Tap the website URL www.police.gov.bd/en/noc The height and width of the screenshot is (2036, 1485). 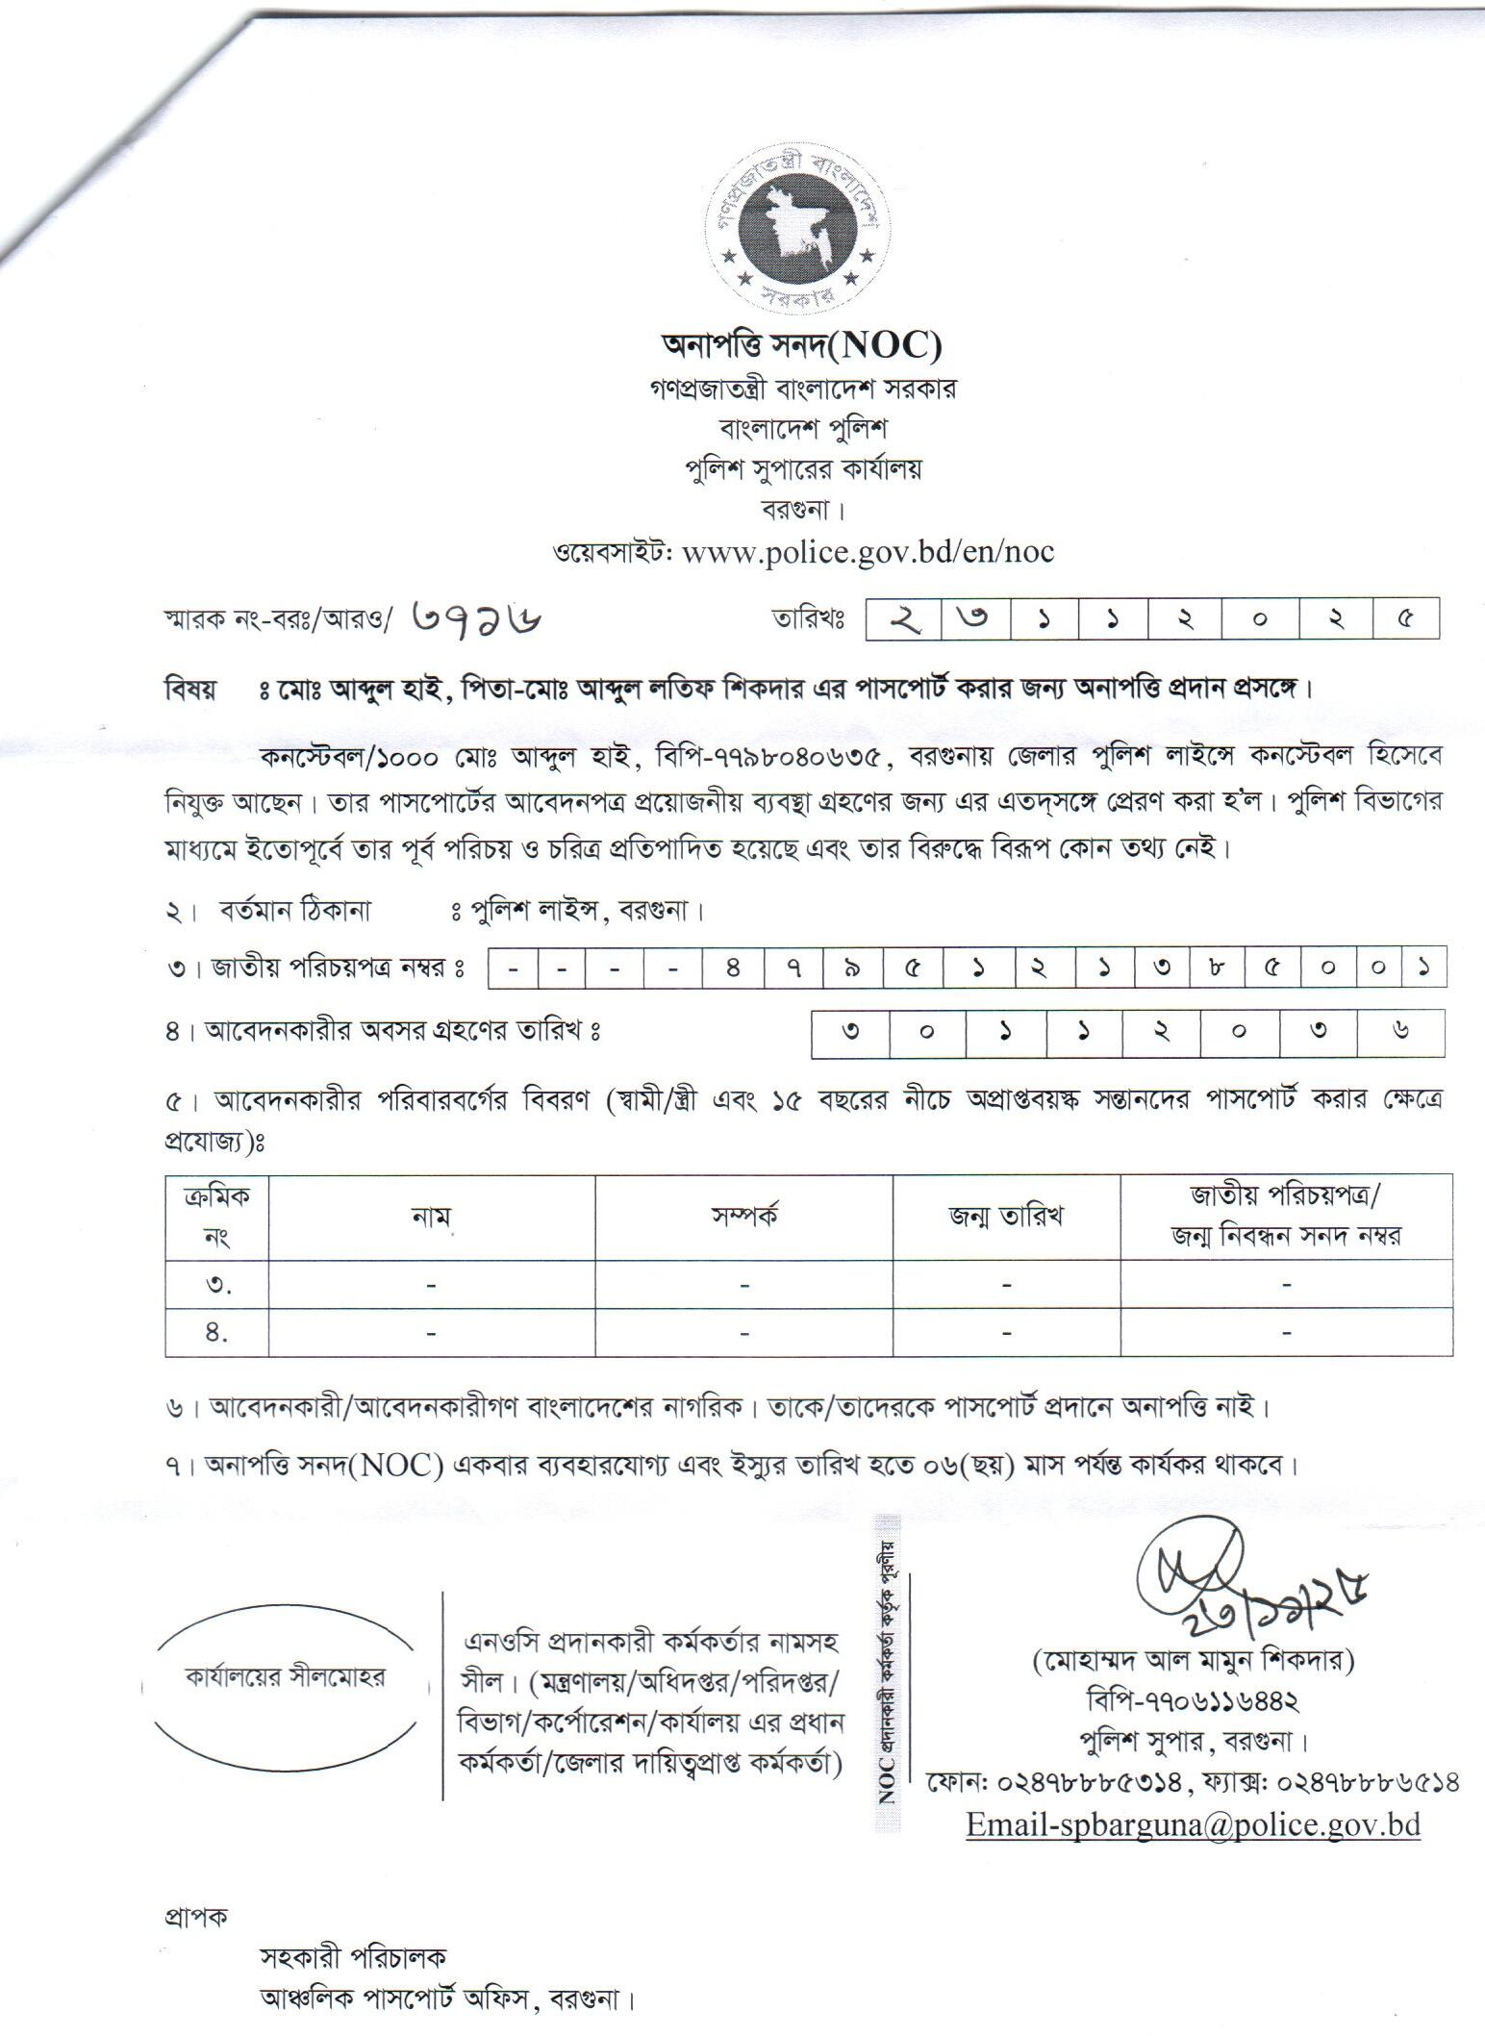click(867, 552)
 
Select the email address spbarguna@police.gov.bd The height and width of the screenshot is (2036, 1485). click(1193, 1824)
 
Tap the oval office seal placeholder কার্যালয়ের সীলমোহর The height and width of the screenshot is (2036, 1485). click(285, 1677)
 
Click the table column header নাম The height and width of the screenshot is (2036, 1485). click(431, 1217)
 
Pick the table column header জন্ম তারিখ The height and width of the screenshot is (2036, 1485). click(1005, 1217)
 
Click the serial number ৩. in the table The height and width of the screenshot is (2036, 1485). click(217, 1285)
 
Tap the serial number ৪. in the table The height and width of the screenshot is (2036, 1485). click(217, 1333)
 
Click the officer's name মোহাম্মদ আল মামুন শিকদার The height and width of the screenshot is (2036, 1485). click(1194, 1661)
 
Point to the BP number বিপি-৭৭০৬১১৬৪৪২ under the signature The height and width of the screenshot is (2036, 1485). click(1193, 1700)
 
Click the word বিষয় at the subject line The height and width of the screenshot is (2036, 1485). click(190, 691)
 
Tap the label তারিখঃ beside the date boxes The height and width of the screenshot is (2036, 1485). click(808, 619)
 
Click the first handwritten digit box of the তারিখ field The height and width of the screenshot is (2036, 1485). click(902, 619)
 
